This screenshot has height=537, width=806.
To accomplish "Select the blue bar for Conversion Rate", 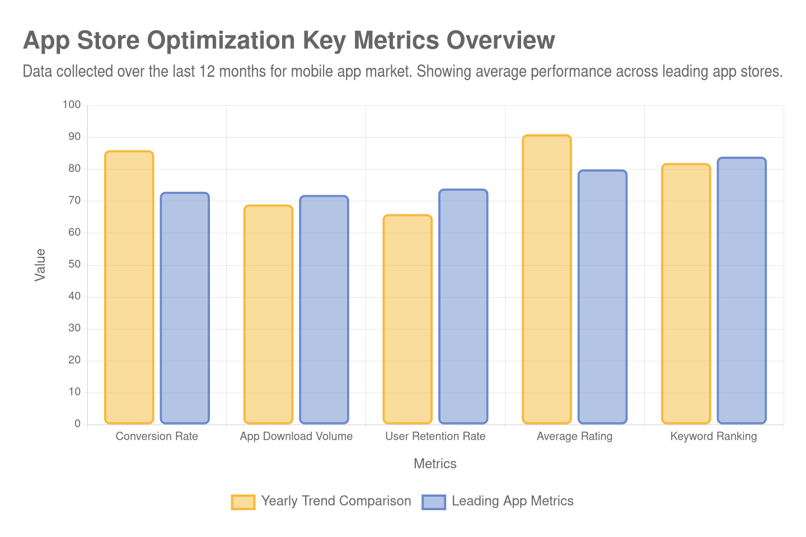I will click(x=185, y=308).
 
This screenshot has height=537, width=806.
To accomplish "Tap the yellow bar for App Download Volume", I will click(x=268, y=314).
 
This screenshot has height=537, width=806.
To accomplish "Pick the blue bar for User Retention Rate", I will click(x=463, y=306).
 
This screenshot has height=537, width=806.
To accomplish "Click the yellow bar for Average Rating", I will click(x=547, y=279).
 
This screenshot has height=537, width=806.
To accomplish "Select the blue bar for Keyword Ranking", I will click(x=742, y=290).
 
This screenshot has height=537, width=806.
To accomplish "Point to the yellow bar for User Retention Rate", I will click(x=407, y=319).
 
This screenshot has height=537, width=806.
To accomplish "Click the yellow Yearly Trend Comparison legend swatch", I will click(x=243, y=502).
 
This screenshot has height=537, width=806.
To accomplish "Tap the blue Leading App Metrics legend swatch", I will click(x=434, y=502).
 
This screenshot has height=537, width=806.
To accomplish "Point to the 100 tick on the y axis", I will click(x=72, y=105).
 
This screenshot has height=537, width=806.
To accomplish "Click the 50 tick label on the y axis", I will click(x=74, y=264).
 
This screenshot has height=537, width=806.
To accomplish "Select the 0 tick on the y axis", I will click(x=77, y=423).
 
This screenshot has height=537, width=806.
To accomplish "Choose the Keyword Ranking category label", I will click(x=714, y=436).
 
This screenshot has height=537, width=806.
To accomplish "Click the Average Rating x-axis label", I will click(x=574, y=436).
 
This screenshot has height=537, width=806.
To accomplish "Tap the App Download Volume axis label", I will click(x=296, y=436).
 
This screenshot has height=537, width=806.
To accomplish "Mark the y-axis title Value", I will click(x=40, y=265).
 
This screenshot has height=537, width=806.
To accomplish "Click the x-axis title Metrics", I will click(x=435, y=464).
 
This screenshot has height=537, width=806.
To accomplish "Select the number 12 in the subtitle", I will click(x=207, y=72).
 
